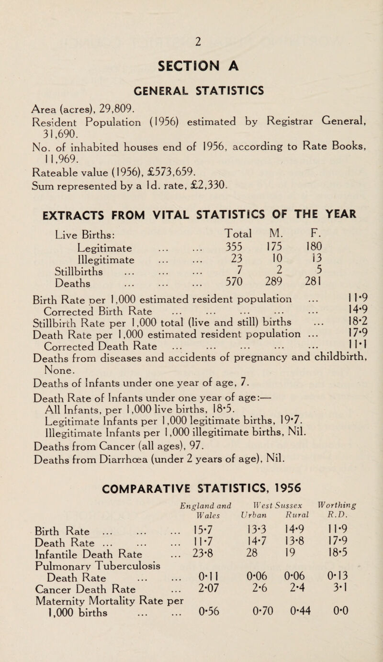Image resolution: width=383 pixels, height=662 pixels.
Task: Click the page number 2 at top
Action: pyautogui.click(x=191, y=15)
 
